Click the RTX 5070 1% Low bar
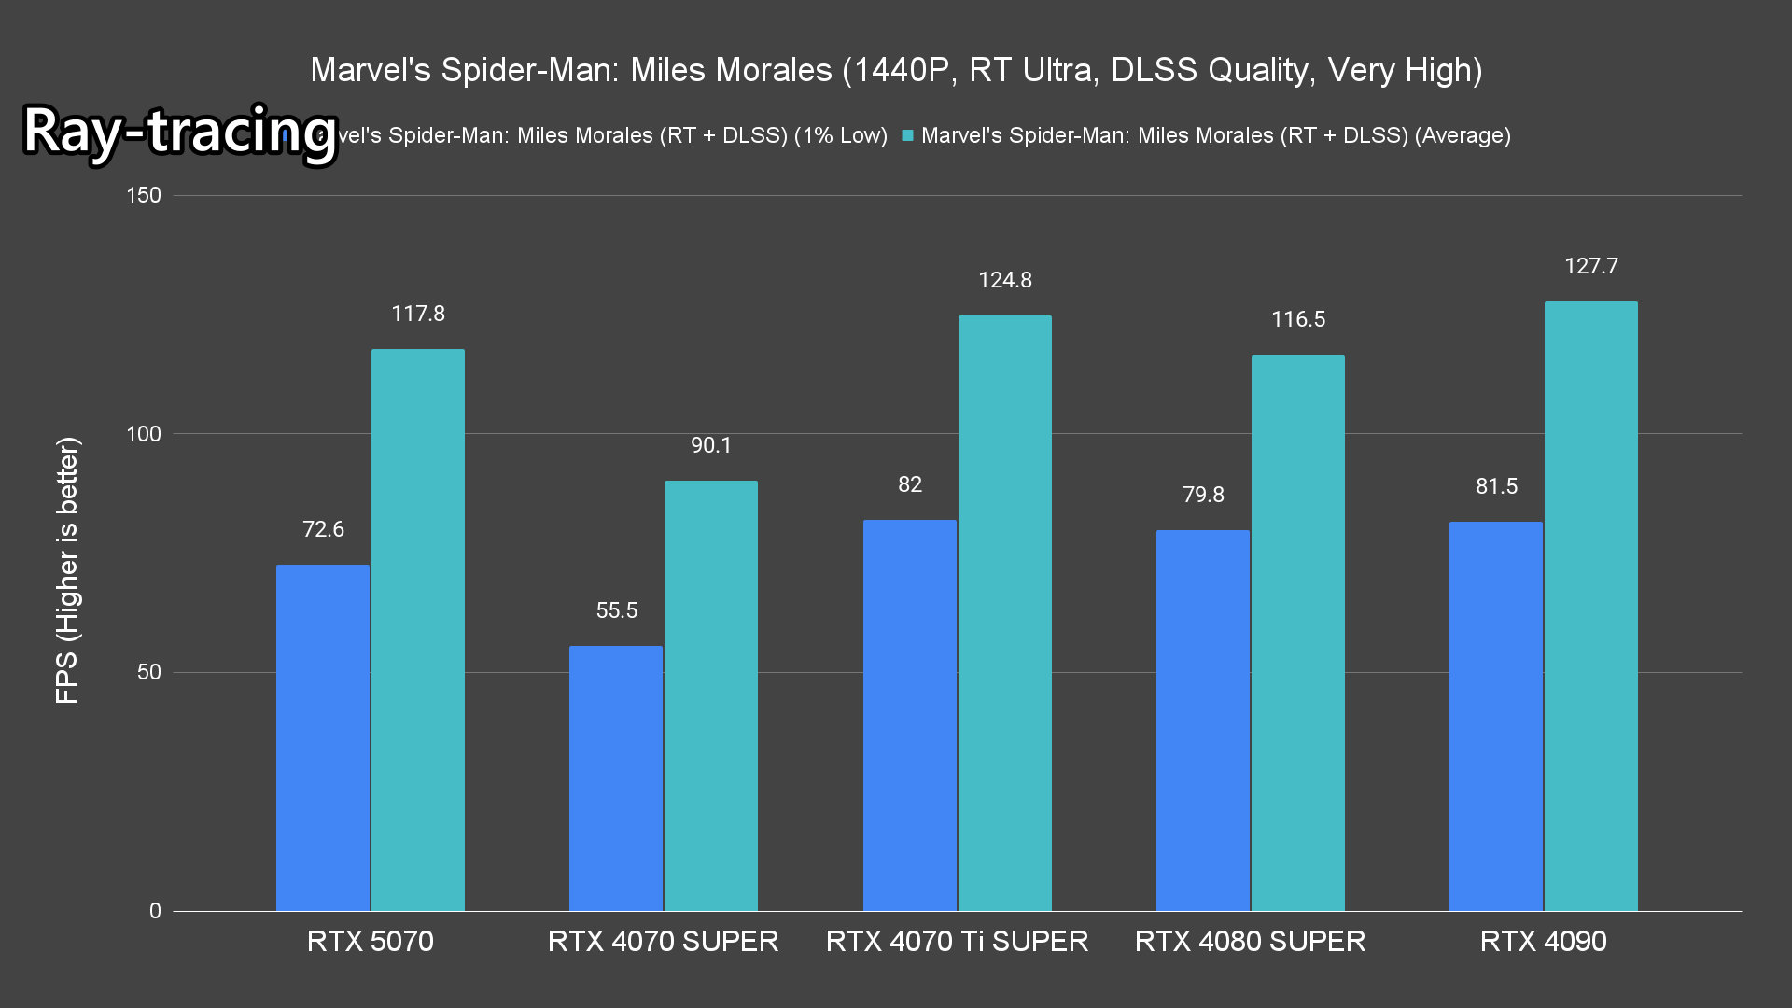coord(323,737)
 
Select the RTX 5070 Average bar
coord(418,630)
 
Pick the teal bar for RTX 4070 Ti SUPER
coord(1004,613)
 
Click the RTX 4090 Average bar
coord(1590,606)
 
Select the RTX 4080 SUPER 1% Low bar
coord(1203,720)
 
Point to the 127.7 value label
coord(1591,266)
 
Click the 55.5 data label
coord(617,610)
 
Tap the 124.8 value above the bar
coord(1005,280)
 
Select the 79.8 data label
coord(1203,495)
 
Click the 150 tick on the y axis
coord(144,195)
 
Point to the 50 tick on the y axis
coord(149,672)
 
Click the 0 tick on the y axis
coord(155,911)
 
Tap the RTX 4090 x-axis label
coord(1544,941)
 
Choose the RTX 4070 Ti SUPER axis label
coord(957,941)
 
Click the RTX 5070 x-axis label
coord(371,941)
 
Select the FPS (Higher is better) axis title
coord(67,570)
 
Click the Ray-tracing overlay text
coord(179,131)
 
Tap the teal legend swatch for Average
coord(907,135)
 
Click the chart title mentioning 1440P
coord(896,70)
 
